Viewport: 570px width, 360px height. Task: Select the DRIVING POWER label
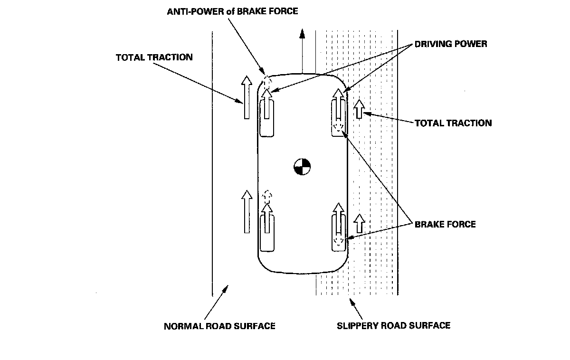click(x=451, y=44)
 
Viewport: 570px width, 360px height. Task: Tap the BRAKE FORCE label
click(x=445, y=224)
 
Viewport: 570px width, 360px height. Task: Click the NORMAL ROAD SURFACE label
click(x=219, y=326)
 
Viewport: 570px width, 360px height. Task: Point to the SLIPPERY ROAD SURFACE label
click(x=393, y=326)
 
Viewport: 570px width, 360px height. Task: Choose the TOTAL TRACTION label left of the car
click(x=154, y=57)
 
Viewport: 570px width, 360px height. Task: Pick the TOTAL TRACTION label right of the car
click(x=453, y=123)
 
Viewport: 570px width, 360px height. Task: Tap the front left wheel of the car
click(x=267, y=116)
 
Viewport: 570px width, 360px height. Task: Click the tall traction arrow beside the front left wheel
click(x=247, y=98)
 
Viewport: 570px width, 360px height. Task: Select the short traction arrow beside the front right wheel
click(x=360, y=109)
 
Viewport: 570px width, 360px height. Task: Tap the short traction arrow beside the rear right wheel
click(x=360, y=223)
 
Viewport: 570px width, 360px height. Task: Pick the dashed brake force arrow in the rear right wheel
click(x=338, y=242)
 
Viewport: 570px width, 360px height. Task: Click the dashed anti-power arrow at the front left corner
click(x=266, y=81)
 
